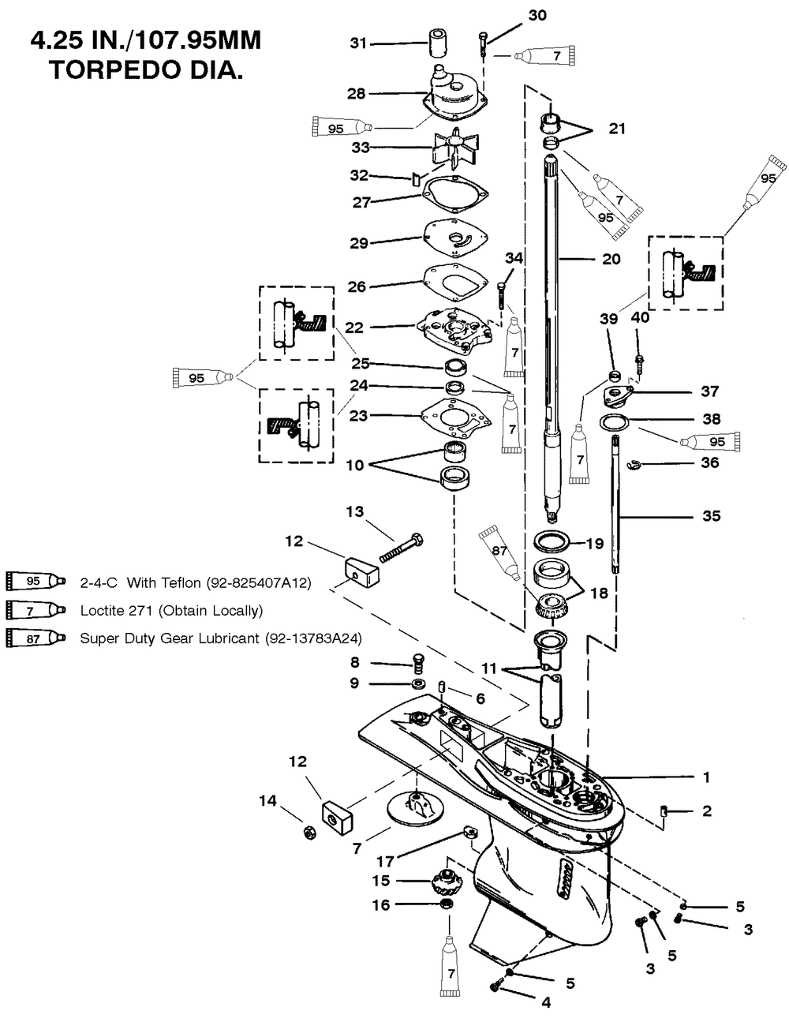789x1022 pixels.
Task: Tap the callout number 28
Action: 357,94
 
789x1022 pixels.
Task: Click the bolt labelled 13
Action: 401,548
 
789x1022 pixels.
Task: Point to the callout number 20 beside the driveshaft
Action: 611,259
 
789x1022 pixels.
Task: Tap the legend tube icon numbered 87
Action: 36,638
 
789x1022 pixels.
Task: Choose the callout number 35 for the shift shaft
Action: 712,516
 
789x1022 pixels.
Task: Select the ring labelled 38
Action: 614,422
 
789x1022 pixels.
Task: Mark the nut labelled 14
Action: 309,833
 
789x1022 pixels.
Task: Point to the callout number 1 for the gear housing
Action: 706,777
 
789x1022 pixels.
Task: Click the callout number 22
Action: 354,328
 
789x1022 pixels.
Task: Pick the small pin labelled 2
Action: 664,810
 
